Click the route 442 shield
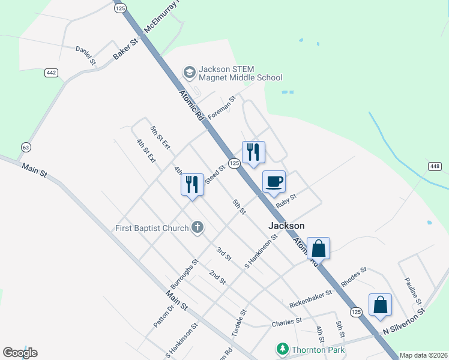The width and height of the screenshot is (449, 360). pos(51,73)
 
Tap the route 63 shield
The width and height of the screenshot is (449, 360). pos(25,147)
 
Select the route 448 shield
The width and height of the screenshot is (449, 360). pos(436,166)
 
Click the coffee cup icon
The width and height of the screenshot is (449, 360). pos(274,181)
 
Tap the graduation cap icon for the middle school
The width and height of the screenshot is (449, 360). pos(190,72)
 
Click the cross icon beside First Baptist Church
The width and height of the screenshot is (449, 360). pos(197,227)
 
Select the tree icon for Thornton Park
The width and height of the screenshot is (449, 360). pos(282,349)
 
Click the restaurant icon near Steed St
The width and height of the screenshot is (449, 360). pos(192,182)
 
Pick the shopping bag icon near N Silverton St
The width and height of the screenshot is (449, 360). pos(380,305)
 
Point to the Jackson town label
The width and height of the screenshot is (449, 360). pos(286,226)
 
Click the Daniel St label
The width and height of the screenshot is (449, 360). pos(85,55)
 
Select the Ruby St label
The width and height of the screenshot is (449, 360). pos(286,200)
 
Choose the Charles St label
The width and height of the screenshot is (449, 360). pos(286,322)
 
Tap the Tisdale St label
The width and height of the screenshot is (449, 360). pos(240,323)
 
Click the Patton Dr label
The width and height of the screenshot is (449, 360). pos(163,315)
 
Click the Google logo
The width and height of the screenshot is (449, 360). pos(20,353)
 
